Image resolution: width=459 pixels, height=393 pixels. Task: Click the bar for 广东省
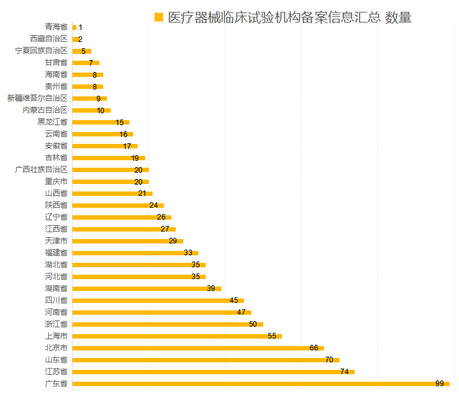(260, 384)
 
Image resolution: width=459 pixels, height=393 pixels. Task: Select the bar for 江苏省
(213, 372)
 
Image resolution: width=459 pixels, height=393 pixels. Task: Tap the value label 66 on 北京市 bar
(314, 348)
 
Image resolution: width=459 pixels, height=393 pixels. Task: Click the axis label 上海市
(56, 336)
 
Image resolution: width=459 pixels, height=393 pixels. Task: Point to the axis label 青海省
(56, 27)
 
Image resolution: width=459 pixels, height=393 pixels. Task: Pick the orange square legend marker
(159, 17)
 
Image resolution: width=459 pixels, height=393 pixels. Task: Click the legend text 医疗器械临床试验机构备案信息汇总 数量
(290, 18)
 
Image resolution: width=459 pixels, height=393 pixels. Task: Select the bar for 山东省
(205, 360)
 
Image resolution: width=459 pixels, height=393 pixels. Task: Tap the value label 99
(440, 384)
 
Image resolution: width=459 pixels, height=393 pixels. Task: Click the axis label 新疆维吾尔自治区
(37, 98)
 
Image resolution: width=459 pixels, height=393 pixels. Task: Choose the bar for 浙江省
(168, 324)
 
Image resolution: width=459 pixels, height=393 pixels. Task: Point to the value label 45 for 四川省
(234, 300)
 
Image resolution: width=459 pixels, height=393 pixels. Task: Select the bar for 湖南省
(147, 288)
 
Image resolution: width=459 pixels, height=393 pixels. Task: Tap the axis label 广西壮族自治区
(41, 170)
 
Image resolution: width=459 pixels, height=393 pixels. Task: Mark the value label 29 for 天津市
(173, 241)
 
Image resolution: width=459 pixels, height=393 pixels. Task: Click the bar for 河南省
(161, 312)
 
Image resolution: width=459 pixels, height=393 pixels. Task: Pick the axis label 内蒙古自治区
(44, 110)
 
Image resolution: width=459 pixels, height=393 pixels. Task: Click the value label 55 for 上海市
(272, 336)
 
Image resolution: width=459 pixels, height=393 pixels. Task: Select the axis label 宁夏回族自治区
(41, 51)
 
